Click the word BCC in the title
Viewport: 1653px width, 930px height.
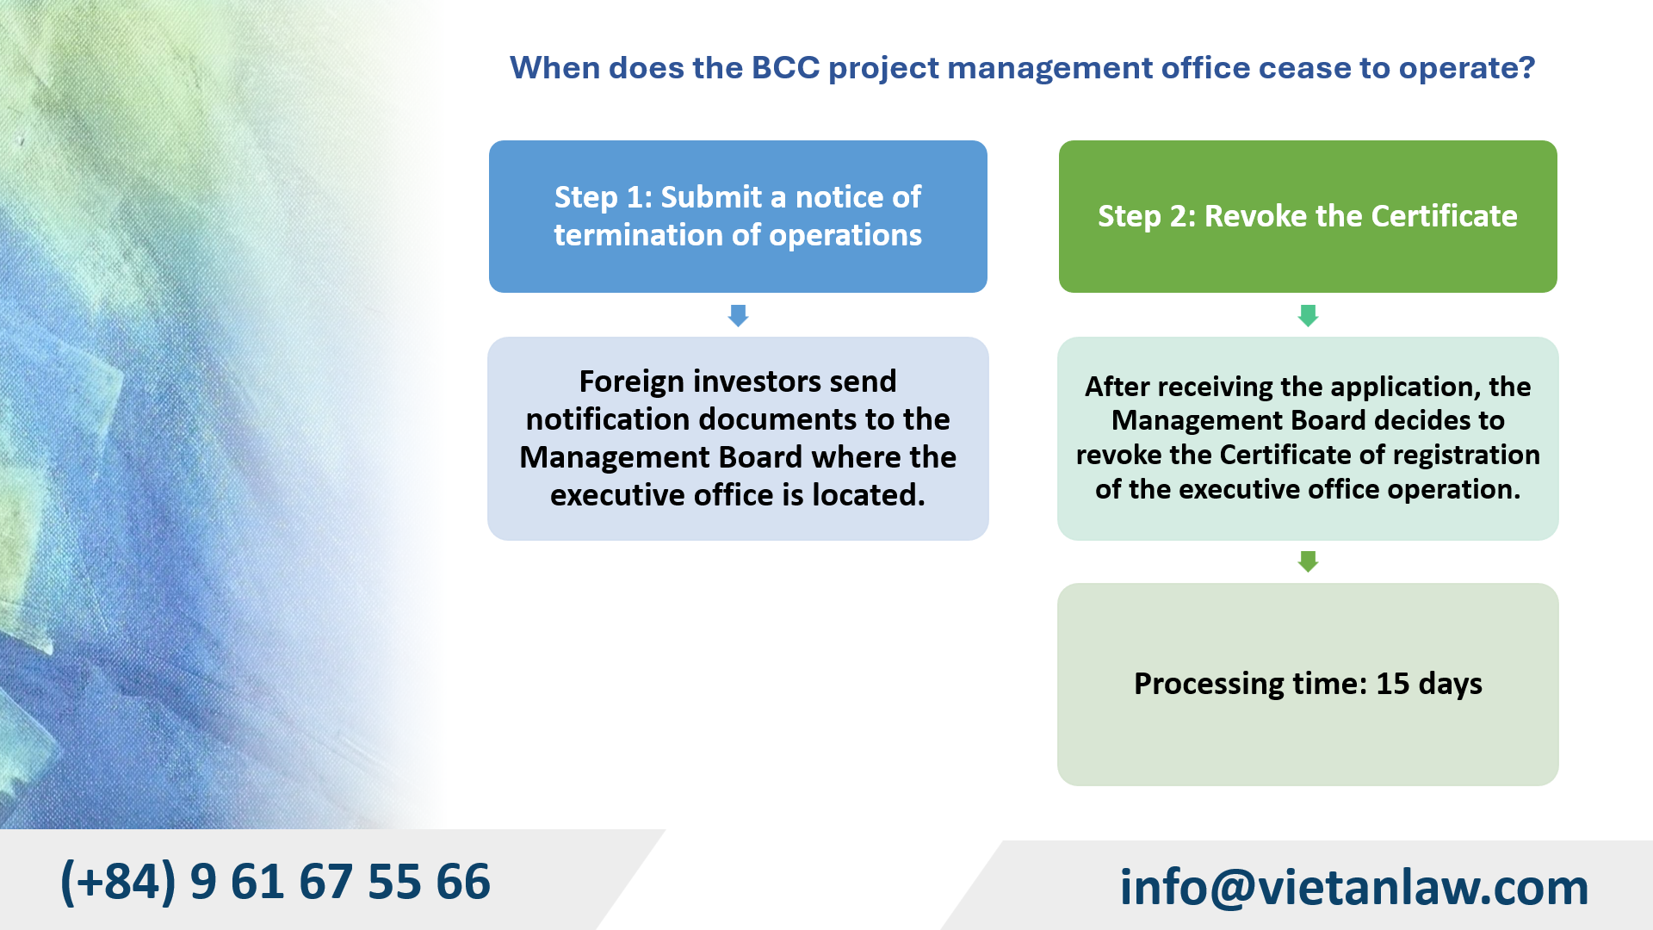point(785,68)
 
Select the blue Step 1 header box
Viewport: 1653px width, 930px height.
point(738,216)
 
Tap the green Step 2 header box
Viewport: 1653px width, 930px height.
point(1307,216)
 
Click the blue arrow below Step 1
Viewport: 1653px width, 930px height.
point(738,315)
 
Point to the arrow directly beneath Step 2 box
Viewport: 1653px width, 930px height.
point(1307,315)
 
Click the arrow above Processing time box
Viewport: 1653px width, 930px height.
point(1307,561)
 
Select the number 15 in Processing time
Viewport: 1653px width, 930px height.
point(1392,684)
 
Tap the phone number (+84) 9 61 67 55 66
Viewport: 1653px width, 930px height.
point(275,882)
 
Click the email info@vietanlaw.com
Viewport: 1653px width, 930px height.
point(1353,887)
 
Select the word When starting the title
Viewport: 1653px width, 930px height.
point(554,68)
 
